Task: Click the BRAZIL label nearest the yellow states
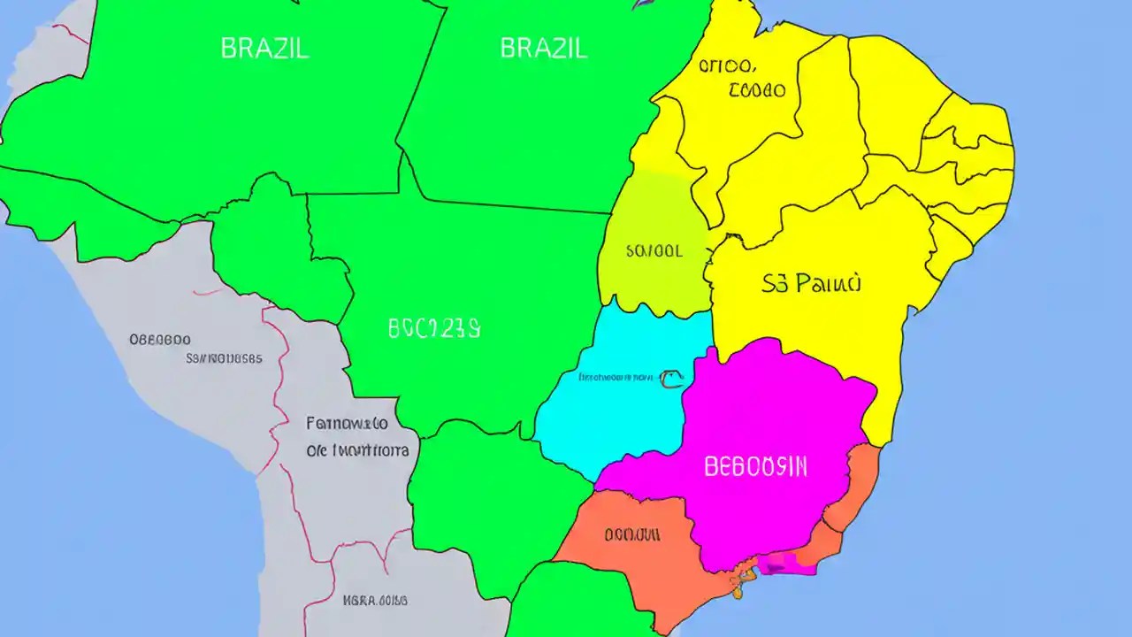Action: (544, 48)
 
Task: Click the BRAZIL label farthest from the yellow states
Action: (264, 48)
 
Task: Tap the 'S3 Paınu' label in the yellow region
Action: (810, 284)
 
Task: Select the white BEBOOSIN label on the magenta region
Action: (755, 467)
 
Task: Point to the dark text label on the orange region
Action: (632, 535)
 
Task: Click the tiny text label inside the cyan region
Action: (616, 378)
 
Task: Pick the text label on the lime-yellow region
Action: (654, 251)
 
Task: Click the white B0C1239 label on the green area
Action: (434, 329)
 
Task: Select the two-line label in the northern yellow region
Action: (740, 78)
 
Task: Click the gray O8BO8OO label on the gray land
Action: (160, 340)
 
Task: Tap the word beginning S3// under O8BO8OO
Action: (224, 359)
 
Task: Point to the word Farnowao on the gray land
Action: (347, 423)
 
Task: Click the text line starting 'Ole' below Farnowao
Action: (357, 450)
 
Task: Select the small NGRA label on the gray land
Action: (375, 600)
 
